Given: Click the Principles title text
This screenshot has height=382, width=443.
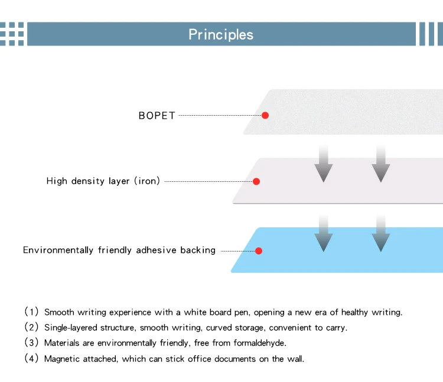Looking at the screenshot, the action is point(221,35).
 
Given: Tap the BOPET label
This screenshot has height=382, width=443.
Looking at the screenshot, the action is point(157,116).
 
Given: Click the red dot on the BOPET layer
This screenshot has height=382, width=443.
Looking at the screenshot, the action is point(265,115).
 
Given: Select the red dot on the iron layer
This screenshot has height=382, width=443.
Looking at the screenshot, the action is point(256,181).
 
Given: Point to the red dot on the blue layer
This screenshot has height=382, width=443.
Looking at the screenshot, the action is point(259,251).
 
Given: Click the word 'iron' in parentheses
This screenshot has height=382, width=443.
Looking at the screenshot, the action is point(147,181).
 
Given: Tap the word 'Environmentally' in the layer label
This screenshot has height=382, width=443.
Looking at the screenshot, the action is point(58,250).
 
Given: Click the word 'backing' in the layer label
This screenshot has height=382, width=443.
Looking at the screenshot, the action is point(198,250).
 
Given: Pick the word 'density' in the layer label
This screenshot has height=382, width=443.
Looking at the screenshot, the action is point(88,181).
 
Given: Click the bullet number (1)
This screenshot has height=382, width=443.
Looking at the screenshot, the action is point(31,312).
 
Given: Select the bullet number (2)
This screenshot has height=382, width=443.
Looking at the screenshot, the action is point(31,327).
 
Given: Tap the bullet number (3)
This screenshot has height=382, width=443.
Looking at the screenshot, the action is point(31,342).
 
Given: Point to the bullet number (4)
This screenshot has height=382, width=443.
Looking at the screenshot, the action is point(31,358).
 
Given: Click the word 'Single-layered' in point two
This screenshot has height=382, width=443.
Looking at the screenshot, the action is point(71,328).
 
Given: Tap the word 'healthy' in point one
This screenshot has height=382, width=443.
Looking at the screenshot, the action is point(354,312).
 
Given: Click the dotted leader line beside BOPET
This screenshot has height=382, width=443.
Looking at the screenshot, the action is point(220,115).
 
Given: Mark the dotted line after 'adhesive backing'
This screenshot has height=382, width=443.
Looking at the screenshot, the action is point(237,251).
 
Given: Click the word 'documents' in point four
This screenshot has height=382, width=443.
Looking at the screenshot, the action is point(235,359).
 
